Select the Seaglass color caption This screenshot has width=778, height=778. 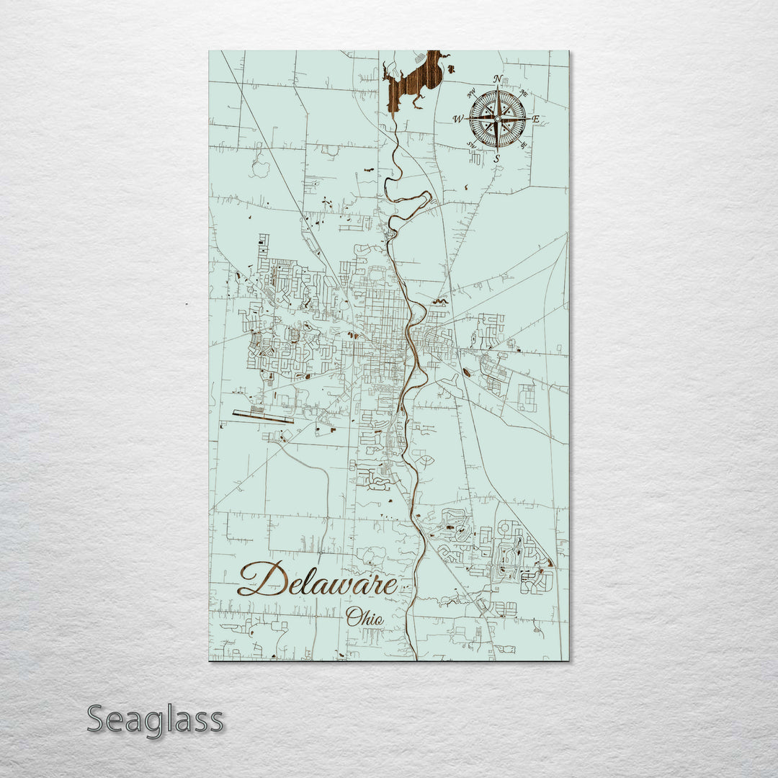(155, 719)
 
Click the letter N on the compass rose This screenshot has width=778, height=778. (498, 79)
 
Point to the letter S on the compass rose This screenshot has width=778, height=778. (497, 158)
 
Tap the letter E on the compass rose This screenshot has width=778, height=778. (537, 119)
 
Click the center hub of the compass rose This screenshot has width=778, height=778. (497, 117)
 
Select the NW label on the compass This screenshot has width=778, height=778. (471, 92)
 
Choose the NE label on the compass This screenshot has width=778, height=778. (524, 92)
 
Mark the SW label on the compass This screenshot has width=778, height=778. (471, 146)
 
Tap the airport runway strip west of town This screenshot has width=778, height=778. (263, 416)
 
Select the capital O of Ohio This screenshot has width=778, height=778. (352, 617)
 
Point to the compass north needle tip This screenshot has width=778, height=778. (498, 88)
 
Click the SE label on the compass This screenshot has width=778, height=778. (524, 145)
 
